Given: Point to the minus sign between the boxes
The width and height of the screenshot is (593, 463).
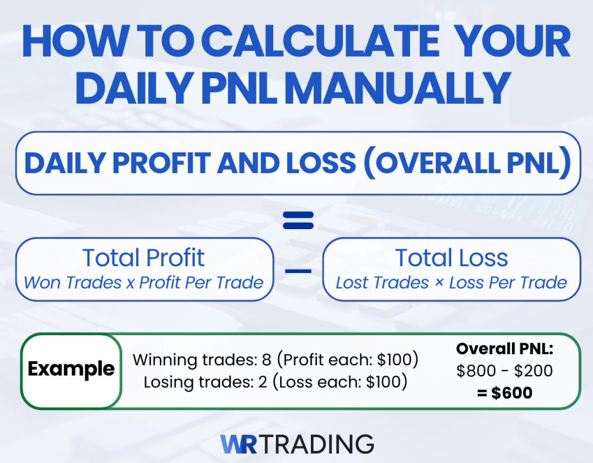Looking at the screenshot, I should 298,271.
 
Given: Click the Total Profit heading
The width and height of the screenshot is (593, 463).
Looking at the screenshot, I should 144,258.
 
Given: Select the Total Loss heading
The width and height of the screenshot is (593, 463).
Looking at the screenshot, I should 452,258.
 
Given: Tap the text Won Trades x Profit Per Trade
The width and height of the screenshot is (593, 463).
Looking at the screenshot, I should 144,283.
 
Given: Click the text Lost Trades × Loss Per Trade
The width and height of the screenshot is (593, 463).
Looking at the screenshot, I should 452,283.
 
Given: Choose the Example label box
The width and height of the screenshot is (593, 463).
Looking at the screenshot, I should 71,369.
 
